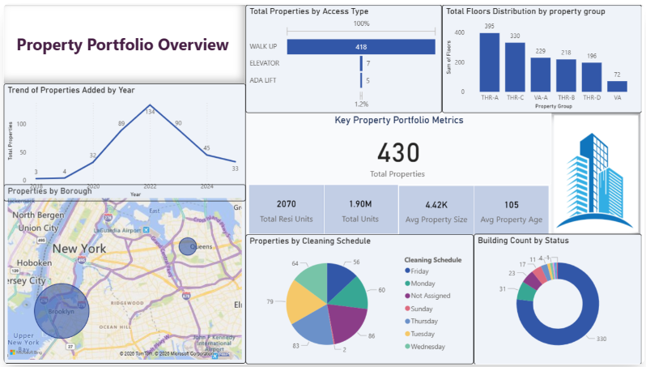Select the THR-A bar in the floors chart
click(x=490, y=63)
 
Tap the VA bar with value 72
click(x=618, y=86)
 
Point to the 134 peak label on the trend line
click(x=149, y=112)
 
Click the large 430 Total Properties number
click(x=398, y=152)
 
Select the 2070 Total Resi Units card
click(x=287, y=209)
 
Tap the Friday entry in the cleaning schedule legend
click(x=421, y=271)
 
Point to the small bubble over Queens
click(x=187, y=246)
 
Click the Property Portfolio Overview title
click(x=123, y=45)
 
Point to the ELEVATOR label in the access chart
click(x=265, y=63)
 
